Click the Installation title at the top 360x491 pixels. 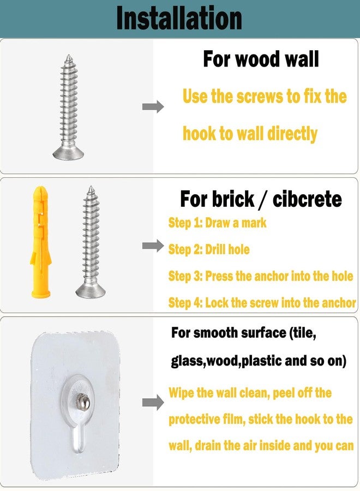[x=179, y=18]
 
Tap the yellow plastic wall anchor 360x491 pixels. [x=40, y=242]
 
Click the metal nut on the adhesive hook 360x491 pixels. [x=83, y=402]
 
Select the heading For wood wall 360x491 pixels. [x=261, y=59]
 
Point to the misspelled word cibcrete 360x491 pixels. [x=307, y=199]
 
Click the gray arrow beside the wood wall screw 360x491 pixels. [x=153, y=107]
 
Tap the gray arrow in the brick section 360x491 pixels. [x=153, y=246]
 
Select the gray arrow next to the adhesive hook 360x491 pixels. [x=153, y=403]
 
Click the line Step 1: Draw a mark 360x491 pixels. [x=217, y=223]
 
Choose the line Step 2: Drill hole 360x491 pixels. [x=209, y=249]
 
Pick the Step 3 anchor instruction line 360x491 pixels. [x=260, y=276]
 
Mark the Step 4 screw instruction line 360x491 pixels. [x=262, y=303]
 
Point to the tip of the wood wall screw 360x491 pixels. [x=69, y=56]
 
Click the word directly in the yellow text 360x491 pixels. [x=292, y=134]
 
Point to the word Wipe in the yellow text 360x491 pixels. [x=182, y=393]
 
